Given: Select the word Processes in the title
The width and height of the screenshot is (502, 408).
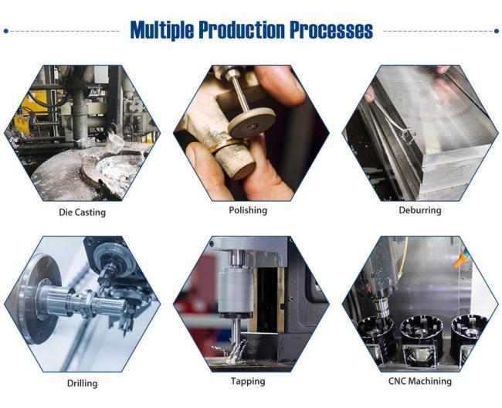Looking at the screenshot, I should (331, 30).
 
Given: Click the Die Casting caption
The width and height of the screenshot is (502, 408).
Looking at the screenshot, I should (82, 212).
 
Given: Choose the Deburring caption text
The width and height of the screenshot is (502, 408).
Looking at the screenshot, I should (421, 210).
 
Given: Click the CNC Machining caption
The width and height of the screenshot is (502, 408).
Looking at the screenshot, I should (421, 381).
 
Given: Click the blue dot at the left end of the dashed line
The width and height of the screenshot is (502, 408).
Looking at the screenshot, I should (6, 31).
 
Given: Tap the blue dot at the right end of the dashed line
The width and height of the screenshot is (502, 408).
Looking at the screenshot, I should (496, 31).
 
